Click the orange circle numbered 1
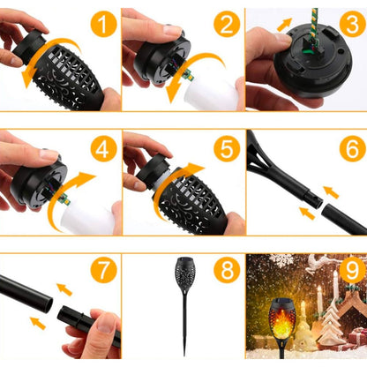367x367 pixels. click(x=104, y=25)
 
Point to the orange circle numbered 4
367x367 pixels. click(x=104, y=149)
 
